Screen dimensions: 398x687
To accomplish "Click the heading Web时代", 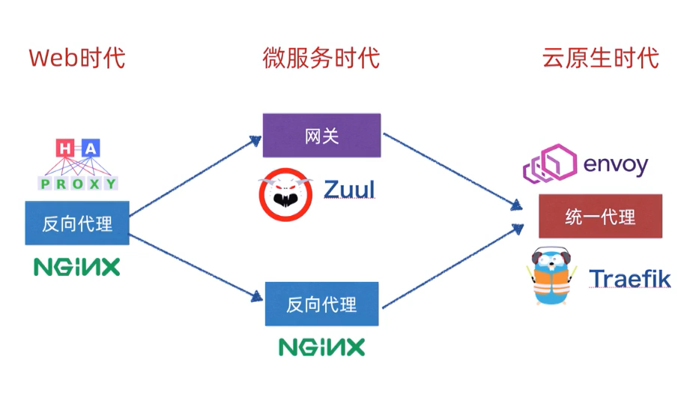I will pos(77,58).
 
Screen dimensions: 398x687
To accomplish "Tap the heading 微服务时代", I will pos(321,58).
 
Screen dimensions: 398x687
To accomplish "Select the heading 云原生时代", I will pos(600,58).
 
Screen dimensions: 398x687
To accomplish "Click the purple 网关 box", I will pos(321,136).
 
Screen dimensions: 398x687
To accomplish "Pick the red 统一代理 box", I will pos(600,217).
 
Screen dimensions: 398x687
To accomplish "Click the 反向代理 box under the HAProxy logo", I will pos(77,223).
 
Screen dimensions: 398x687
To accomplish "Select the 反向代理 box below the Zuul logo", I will pos(321,304).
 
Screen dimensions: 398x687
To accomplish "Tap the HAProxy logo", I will pos(78,165).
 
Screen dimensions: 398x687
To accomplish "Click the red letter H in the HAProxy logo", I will pos(65,149).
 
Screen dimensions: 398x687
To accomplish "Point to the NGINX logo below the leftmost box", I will pos(77,267).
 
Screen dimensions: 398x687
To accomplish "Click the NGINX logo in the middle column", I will pos(321,347).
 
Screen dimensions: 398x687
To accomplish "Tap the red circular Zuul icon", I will pos(283,193).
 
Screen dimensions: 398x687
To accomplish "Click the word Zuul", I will pos(348,190).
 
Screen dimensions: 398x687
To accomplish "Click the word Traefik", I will pos(629,278).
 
